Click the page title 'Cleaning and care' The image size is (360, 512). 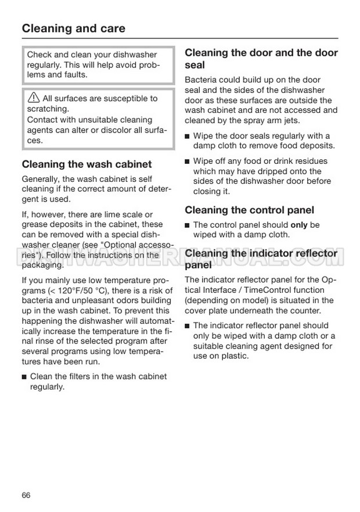[73, 28]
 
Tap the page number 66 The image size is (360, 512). [26, 495]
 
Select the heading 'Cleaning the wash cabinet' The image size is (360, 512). [87, 164]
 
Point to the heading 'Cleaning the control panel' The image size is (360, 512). [249, 210]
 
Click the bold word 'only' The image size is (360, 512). [299, 225]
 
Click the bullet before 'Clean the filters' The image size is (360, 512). [24, 377]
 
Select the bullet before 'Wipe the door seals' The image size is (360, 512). [188, 136]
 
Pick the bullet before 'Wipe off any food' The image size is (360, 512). [188, 161]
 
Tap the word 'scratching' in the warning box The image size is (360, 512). [48, 109]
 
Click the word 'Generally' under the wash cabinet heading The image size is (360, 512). [41, 179]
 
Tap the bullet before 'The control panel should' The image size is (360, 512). [188, 225]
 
